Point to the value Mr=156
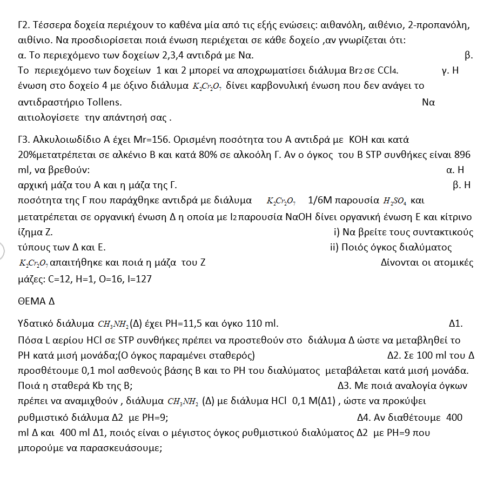[145, 140]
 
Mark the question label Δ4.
[367, 417]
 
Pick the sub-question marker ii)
[334, 248]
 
